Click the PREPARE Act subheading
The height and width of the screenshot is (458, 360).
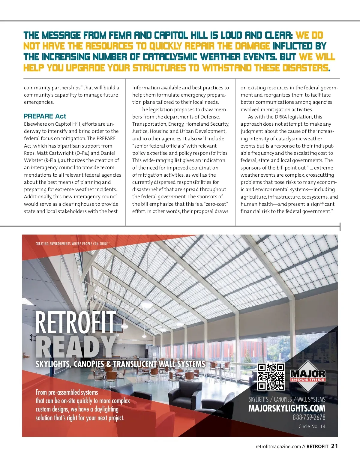click(45, 116)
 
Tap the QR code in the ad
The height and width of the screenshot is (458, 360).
click(271, 377)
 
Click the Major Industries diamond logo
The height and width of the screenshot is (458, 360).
click(308, 376)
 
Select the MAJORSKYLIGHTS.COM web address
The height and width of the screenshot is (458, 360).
click(286, 409)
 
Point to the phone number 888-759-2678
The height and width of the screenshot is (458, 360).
click(309, 418)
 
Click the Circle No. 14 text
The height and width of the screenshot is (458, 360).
click(312, 427)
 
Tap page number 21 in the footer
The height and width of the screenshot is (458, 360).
click(334, 446)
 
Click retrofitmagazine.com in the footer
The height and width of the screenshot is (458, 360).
click(278, 447)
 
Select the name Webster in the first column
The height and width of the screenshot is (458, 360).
click(34, 160)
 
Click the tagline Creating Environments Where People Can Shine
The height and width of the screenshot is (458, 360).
click(72, 244)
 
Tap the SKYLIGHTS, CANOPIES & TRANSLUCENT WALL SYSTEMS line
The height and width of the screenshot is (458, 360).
click(120, 364)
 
